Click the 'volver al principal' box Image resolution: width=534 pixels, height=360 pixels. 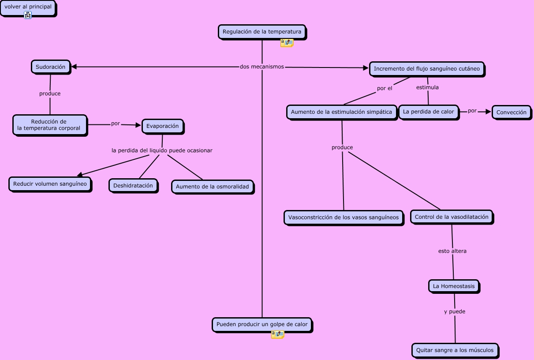(28, 7)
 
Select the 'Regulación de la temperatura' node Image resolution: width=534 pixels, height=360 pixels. (262, 31)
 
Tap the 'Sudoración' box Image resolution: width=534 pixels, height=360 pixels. (51, 67)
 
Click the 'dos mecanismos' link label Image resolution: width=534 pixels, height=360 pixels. (262, 67)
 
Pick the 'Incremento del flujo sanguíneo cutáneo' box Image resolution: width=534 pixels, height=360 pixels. (427, 69)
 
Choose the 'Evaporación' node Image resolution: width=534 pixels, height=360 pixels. (163, 126)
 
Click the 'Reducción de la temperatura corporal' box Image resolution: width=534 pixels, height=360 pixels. (50, 125)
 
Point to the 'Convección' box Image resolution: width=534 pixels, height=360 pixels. (512, 112)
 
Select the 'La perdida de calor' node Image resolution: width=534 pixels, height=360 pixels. (429, 112)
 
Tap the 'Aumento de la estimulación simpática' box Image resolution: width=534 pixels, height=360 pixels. (341, 112)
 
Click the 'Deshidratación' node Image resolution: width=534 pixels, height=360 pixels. (133, 186)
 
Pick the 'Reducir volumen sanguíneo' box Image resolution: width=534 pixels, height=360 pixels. (50, 184)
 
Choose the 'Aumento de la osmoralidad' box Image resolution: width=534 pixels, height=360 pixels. (213, 187)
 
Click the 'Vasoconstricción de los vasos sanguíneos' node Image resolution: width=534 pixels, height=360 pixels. (344, 217)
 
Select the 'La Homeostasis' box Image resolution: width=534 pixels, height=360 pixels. (454, 286)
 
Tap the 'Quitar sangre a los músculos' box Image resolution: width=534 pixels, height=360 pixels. (455, 350)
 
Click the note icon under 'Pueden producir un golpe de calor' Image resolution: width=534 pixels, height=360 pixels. (277, 334)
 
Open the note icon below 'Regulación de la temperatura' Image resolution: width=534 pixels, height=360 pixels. (287, 43)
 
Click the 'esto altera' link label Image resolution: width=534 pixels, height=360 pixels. (452, 251)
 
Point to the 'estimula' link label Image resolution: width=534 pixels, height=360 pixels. (427, 87)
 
